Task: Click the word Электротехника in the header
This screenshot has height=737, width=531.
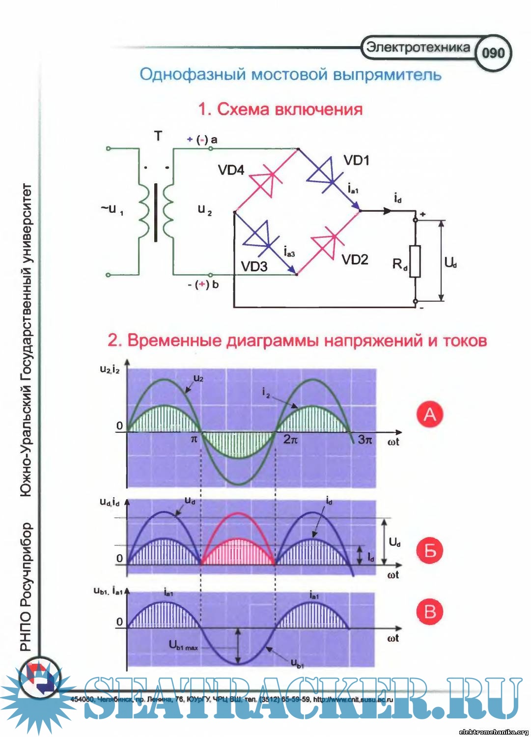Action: (x=418, y=47)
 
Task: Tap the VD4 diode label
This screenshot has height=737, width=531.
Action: (x=231, y=170)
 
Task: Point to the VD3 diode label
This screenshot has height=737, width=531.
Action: (x=254, y=267)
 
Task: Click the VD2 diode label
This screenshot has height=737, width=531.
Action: (x=355, y=259)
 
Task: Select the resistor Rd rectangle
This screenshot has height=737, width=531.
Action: (x=415, y=261)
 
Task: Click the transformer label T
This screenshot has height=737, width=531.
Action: (x=158, y=136)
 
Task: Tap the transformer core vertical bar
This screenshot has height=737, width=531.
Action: (x=156, y=213)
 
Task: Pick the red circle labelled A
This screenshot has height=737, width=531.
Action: (x=430, y=414)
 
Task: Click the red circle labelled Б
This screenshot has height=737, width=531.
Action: (x=430, y=550)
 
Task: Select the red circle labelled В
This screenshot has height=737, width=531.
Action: (x=430, y=612)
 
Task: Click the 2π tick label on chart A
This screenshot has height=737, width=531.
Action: (x=290, y=439)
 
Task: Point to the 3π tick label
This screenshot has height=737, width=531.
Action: (x=365, y=439)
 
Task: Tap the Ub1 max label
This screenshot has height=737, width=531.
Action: (x=183, y=646)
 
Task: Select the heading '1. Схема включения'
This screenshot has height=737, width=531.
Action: (x=280, y=109)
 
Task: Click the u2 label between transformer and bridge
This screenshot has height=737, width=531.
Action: (x=205, y=210)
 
